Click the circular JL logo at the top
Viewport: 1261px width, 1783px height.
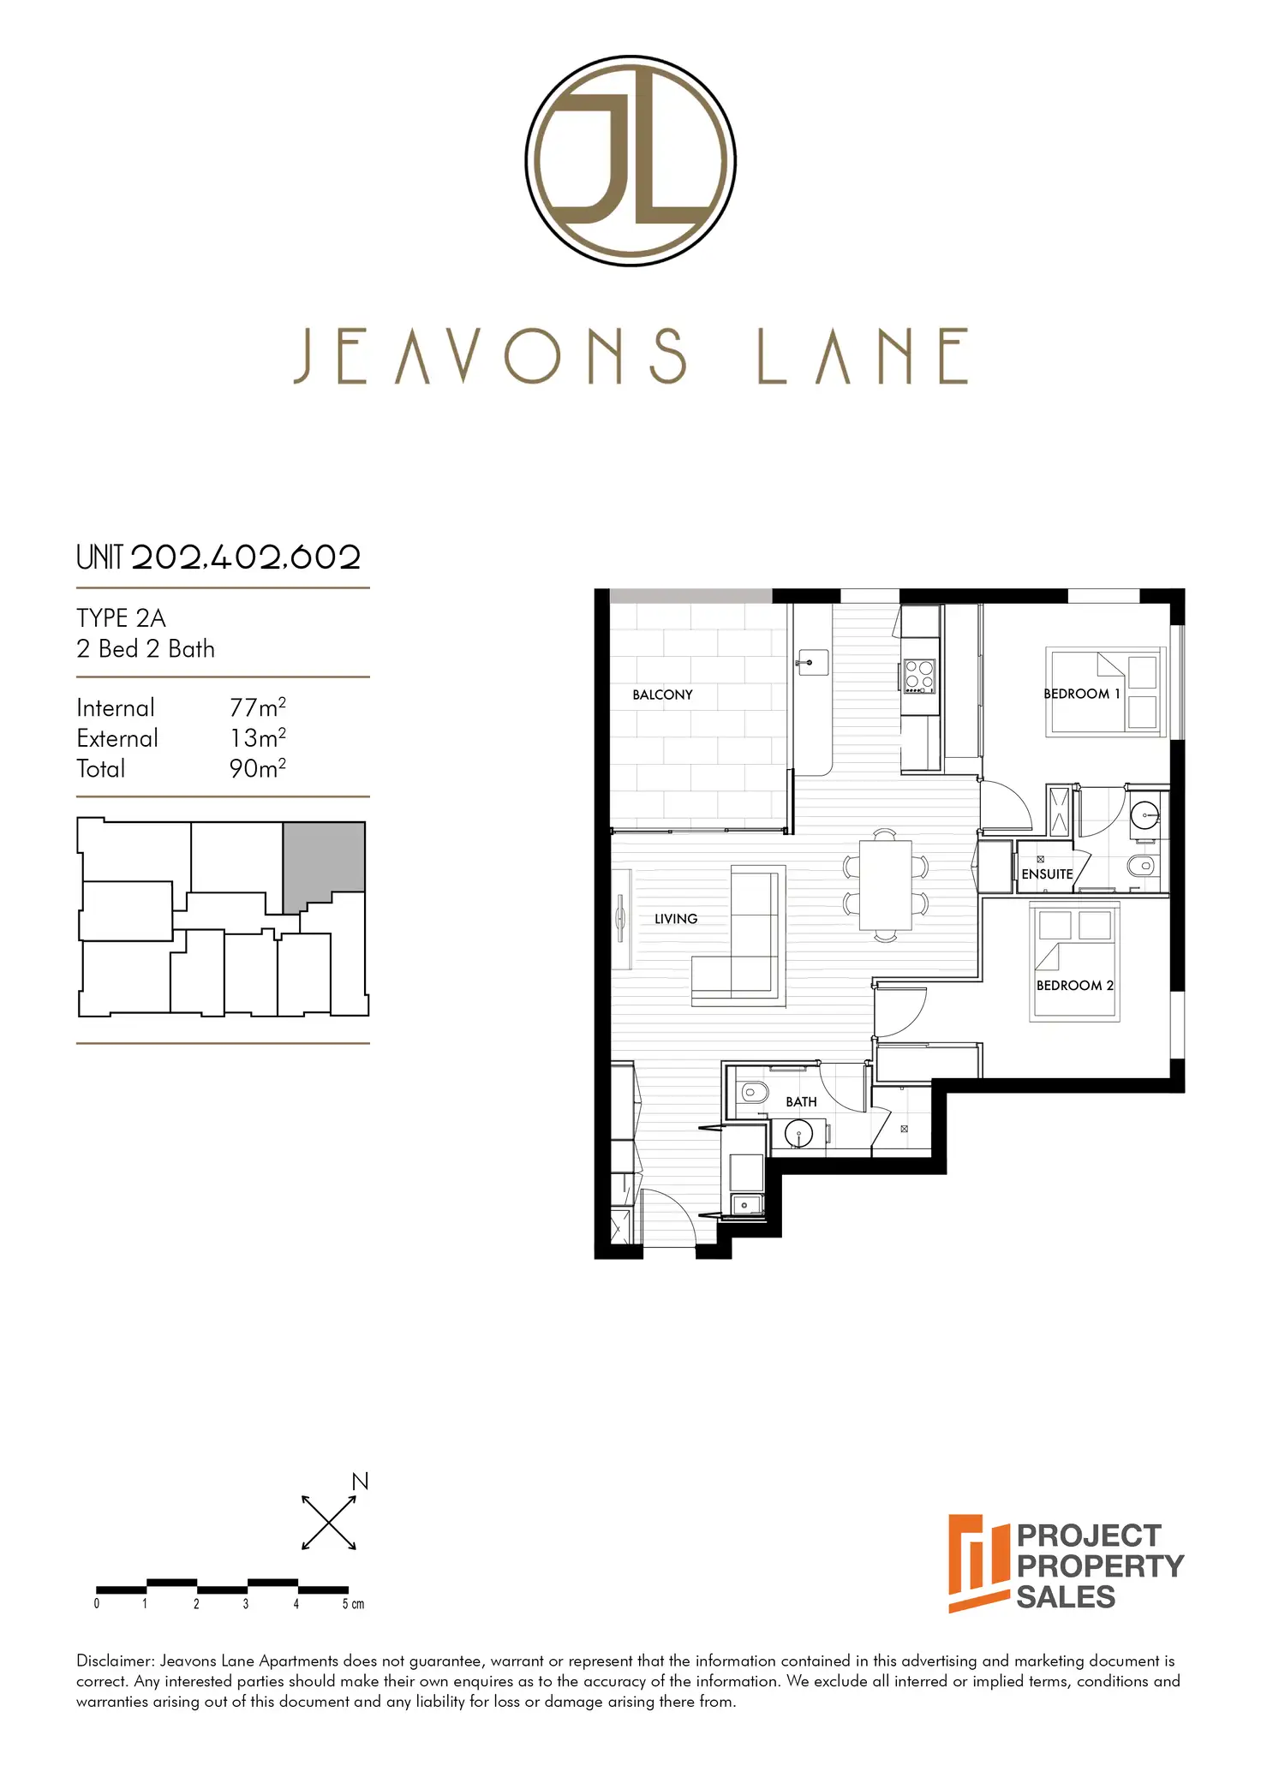pos(630,161)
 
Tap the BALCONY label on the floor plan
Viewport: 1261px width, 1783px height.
pos(662,695)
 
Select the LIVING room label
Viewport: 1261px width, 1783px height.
pos(676,919)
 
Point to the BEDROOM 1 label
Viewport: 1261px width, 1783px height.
pos(1081,694)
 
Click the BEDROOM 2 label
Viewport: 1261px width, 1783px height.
pos(1074,986)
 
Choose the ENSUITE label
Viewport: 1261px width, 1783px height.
pos(1047,874)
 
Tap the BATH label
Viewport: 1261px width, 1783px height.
pos(801,1102)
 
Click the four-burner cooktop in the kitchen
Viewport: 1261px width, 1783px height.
pos(919,676)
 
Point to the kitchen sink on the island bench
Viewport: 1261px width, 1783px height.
pos(810,662)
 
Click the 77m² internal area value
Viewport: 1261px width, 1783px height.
pos(257,707)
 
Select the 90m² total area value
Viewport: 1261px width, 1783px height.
pos(257,768)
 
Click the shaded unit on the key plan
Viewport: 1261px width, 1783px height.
pos(325,861)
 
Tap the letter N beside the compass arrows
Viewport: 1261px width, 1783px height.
pos(361,1482)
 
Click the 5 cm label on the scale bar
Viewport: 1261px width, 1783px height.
pos(353,1604)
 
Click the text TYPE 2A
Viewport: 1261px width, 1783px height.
pos(121,618)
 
